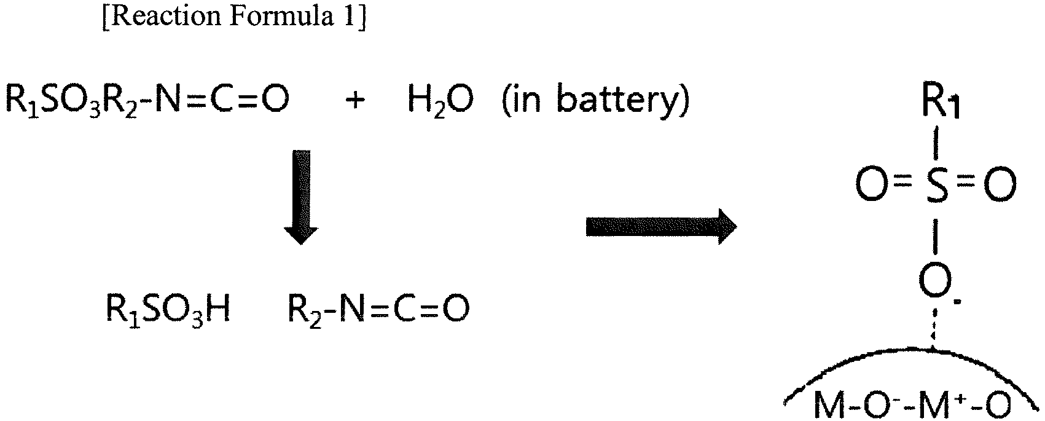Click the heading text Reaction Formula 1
coord(233,17)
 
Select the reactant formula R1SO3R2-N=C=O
coord(147,100)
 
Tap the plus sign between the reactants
coord(355,100)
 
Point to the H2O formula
coord(440,101)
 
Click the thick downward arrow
coord(302,197)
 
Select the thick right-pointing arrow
coord(661,226)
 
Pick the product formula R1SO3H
coord(168,309)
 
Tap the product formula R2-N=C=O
coord(378,309)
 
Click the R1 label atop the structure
coord(941,103)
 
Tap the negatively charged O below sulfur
coord(936,281)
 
